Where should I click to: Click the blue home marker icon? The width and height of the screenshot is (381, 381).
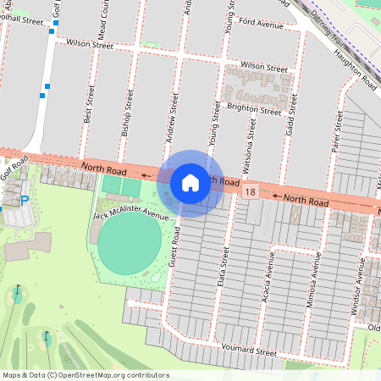190,183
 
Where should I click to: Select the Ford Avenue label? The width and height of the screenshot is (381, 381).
261,25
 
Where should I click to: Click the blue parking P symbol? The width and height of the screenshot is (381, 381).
24,199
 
